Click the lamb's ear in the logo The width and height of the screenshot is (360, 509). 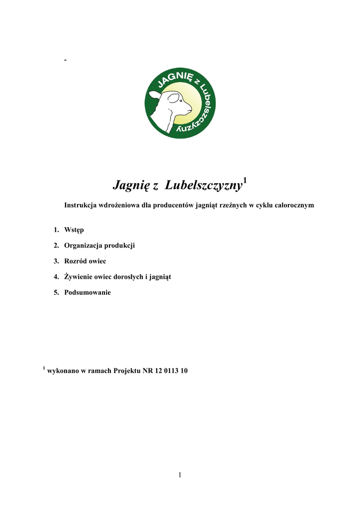pyautogui.click(x=156, y=94)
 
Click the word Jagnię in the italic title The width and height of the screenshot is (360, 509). pyautogui.click(x=128, y=186)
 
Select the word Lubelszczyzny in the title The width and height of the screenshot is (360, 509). pyautogui.click(x=203, y=186)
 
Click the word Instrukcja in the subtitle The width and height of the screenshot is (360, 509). pyautogui.click(x=81, y=205)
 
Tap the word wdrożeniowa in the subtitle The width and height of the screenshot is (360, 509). pyautogui.click(x=119, y=205)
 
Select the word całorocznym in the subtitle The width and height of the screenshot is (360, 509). pyautogui.click(x=294, y=205)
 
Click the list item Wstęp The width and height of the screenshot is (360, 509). pyautogui.click(x=74, y=230)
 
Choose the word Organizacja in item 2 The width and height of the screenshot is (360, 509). pyautogui.click(x=84, y=246)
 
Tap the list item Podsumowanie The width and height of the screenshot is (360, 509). pyautogui.click(x=88, y=292)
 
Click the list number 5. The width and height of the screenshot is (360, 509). pyautogui.click(x=56, y=292)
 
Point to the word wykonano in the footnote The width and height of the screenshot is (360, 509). pyautogui.click(x=63, y=371)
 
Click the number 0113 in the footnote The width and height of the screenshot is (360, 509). pyautogui.click(x=171, y=371)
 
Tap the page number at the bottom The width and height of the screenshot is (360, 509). pyautogui.click(x=180, y=475)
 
